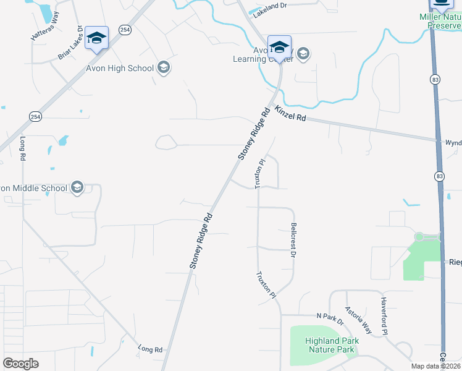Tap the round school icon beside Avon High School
tap(164, 67)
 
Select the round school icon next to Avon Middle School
tap(77, 187)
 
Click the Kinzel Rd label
tap(290, 114)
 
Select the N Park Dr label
tap(329, 317)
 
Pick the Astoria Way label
tap(358, 320)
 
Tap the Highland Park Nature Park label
tap(331, 345)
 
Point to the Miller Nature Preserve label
tap(440, 21)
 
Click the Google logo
tap(20, 364)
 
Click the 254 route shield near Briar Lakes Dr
tap(125, 30)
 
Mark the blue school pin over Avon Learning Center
tap(279, 48)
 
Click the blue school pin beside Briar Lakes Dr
tap(96, 38)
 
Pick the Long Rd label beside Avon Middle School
tap(23, 148)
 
